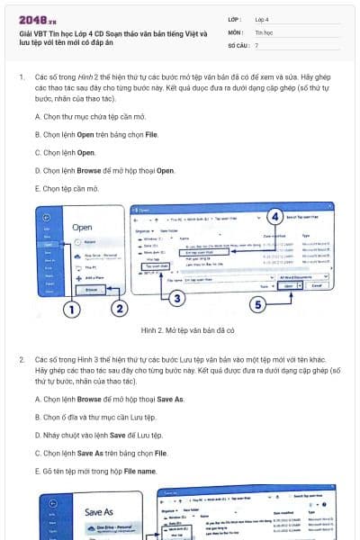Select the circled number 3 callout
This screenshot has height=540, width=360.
click(177, 298)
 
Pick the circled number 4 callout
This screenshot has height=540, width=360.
click(274, 216)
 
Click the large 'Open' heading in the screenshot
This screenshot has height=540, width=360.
click(83, 227)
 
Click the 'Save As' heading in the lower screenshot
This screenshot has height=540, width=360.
click(98, 511)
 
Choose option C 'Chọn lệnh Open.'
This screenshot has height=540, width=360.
click(67, 152)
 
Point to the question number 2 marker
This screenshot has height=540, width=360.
click(22, 359)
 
